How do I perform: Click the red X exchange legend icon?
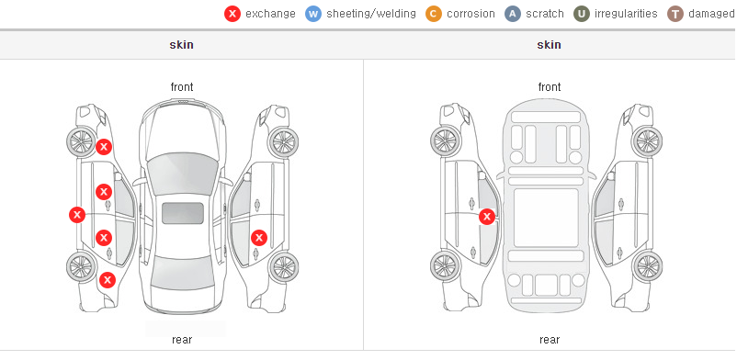(232, 14)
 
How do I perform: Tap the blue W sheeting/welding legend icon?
(313, 14)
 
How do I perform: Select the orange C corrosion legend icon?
(434, 14)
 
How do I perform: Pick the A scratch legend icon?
(513, 14)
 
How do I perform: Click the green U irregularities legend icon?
(582, 14)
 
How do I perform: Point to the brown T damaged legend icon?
(675, 14)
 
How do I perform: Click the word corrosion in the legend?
(471, 14)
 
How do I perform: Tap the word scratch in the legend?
(545, 14)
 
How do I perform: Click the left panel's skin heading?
(181, 45)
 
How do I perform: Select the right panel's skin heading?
(549, 45)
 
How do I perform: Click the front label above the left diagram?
(182, 87)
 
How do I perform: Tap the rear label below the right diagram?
(550, 339)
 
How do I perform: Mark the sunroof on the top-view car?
(183, 213)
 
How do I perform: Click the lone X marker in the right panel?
(487, 217)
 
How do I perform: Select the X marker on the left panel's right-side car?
(258, 238)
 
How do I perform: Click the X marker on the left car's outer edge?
(77, 215)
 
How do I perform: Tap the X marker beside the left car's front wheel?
(104, 147)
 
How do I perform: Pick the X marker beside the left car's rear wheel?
(108, 281)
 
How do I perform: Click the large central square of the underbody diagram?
(546, 218)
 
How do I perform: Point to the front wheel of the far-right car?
(647, 141)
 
